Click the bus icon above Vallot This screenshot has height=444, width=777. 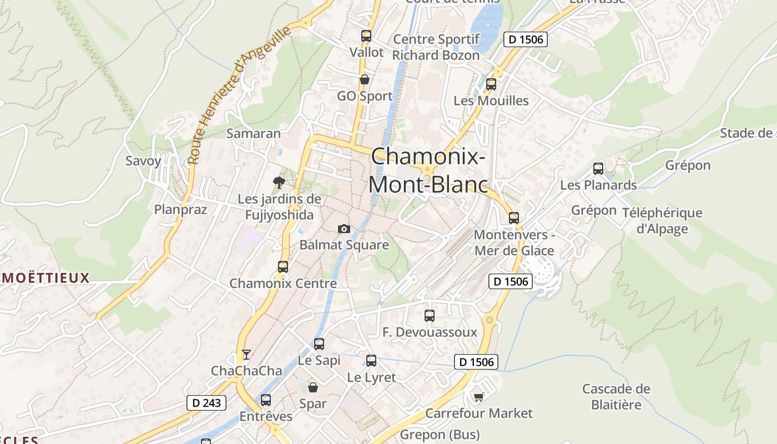pyautogui.click(x=366, y=36)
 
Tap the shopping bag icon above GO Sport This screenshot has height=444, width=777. pyautogui.click(x=365, y=79)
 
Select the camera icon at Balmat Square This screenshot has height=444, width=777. pyautogui.click(x=344, y=229)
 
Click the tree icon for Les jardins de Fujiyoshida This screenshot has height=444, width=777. pyautogui.click(x=279, y=182)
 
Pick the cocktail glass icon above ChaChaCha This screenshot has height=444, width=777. pyautogui.click(x=246, y=354)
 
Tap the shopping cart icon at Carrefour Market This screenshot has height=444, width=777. pyautogui.click(x=478, y=397)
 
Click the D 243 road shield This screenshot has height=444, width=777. pyautogui.click(x=206, y=403)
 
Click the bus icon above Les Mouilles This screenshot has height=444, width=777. pyautogui.click(x=491, y=84)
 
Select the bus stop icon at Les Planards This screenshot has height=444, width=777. pyautogui.click(x=598, y=168)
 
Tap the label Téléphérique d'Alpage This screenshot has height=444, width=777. pyautogui.click(x=662, y=221)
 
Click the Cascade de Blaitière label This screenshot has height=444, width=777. pyautogui.click(x=616, y=396)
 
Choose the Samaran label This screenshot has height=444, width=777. pyautogui.click(x=254, y=133)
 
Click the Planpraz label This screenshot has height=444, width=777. pyautogui.click(x=180, y=209)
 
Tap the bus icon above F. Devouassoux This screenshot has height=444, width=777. pyautogui.click(x=429, y=316)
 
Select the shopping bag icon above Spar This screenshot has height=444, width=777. pyautogui.click(x=313, y=387)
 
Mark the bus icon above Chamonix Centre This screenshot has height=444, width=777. pyautogui.click(x=282, y=266)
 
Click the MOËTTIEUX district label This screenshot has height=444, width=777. pyautogui.click(x=45, y=278)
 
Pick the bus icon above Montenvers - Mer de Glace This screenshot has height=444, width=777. pyautogui.click(x=514, y=218)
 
